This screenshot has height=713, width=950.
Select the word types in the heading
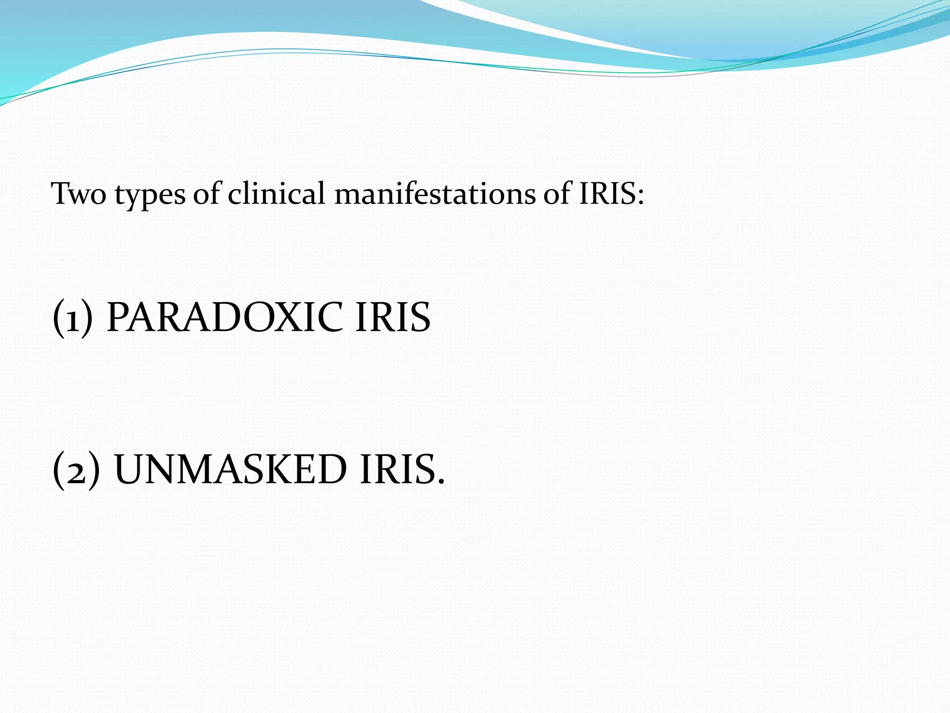pyautogui.click(x=150, y=195)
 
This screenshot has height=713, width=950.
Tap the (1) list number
pyautogui.click(x=73, y=318)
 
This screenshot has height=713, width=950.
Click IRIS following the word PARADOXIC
pyautogui.click(x=392, y=318)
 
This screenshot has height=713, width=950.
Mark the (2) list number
pyautogui.click(x=76, y=470)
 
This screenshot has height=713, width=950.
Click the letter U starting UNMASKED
pyautogui.click(x=131, y=470)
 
